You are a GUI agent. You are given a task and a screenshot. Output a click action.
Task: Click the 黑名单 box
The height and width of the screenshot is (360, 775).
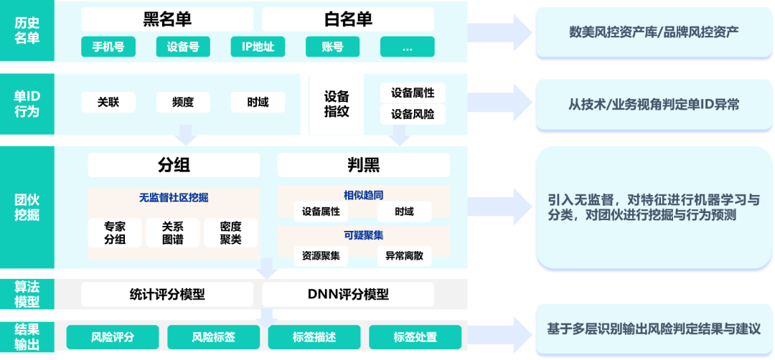coord(167,19)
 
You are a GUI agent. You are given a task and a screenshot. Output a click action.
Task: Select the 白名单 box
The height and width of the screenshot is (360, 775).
coord(348,19)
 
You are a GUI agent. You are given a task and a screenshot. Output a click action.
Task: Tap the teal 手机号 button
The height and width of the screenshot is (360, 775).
coord(108,47)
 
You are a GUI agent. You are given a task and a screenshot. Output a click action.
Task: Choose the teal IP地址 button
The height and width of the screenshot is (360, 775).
coord(258,47)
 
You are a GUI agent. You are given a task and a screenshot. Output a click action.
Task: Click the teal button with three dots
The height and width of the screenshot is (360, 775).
coord(407,47)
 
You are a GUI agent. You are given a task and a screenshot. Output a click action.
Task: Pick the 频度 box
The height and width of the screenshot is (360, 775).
coord(183,102)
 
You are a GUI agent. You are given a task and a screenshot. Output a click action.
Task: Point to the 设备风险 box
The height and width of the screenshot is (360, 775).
coord(413,114)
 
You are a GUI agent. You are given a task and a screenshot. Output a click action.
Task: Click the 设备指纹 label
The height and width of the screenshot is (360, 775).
coord(337,103)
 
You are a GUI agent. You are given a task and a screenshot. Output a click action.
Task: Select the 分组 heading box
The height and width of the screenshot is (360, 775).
coord(174,166)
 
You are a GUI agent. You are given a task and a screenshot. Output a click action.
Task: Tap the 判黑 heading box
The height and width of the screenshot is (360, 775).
coord(363,166)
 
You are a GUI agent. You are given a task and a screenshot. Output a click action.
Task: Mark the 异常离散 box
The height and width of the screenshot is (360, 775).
coord(404,255)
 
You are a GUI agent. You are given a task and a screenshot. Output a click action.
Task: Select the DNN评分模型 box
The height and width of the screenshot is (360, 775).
coord(348,294)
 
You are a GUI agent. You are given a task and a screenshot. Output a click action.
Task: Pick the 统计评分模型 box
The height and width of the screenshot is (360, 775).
coord(167,294)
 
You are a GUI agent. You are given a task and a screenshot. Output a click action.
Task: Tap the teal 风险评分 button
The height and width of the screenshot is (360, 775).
coord(113,337)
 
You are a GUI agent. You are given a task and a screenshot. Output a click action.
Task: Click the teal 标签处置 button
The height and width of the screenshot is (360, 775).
coord(415,337)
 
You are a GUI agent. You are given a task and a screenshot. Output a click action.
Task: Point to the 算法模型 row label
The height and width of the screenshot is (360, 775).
coord(27,294)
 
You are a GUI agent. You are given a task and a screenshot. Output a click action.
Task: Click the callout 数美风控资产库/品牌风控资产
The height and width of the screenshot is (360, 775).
coord(653,32)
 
